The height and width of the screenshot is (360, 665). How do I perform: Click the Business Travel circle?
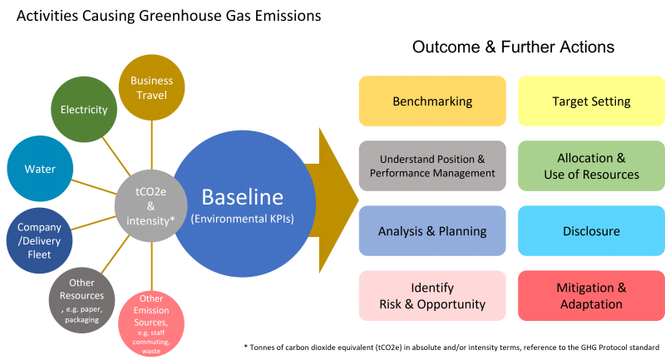coord(151,87)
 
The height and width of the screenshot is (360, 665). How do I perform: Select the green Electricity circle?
coord(84,109)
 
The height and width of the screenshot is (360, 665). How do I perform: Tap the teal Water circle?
coord(40,169)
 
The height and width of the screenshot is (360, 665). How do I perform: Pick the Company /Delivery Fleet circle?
coord(40,240)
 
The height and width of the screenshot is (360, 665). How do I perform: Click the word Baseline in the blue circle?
coord(242,198)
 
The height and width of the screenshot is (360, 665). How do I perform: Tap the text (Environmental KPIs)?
coord(242,219)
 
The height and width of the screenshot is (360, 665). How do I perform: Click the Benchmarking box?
coord(432,101)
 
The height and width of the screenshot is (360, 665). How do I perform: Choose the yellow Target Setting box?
coord(591,101)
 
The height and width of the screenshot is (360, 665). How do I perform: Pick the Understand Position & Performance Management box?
coord(432,165)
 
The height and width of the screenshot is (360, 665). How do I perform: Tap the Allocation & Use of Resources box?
coord(591,165)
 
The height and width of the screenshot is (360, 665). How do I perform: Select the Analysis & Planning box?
coord(432,230)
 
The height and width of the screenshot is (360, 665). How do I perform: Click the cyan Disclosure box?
coord(591,230)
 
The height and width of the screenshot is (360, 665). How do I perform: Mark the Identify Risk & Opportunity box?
coord(432,295)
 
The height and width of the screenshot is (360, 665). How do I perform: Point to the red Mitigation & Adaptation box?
coord(591,295)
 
